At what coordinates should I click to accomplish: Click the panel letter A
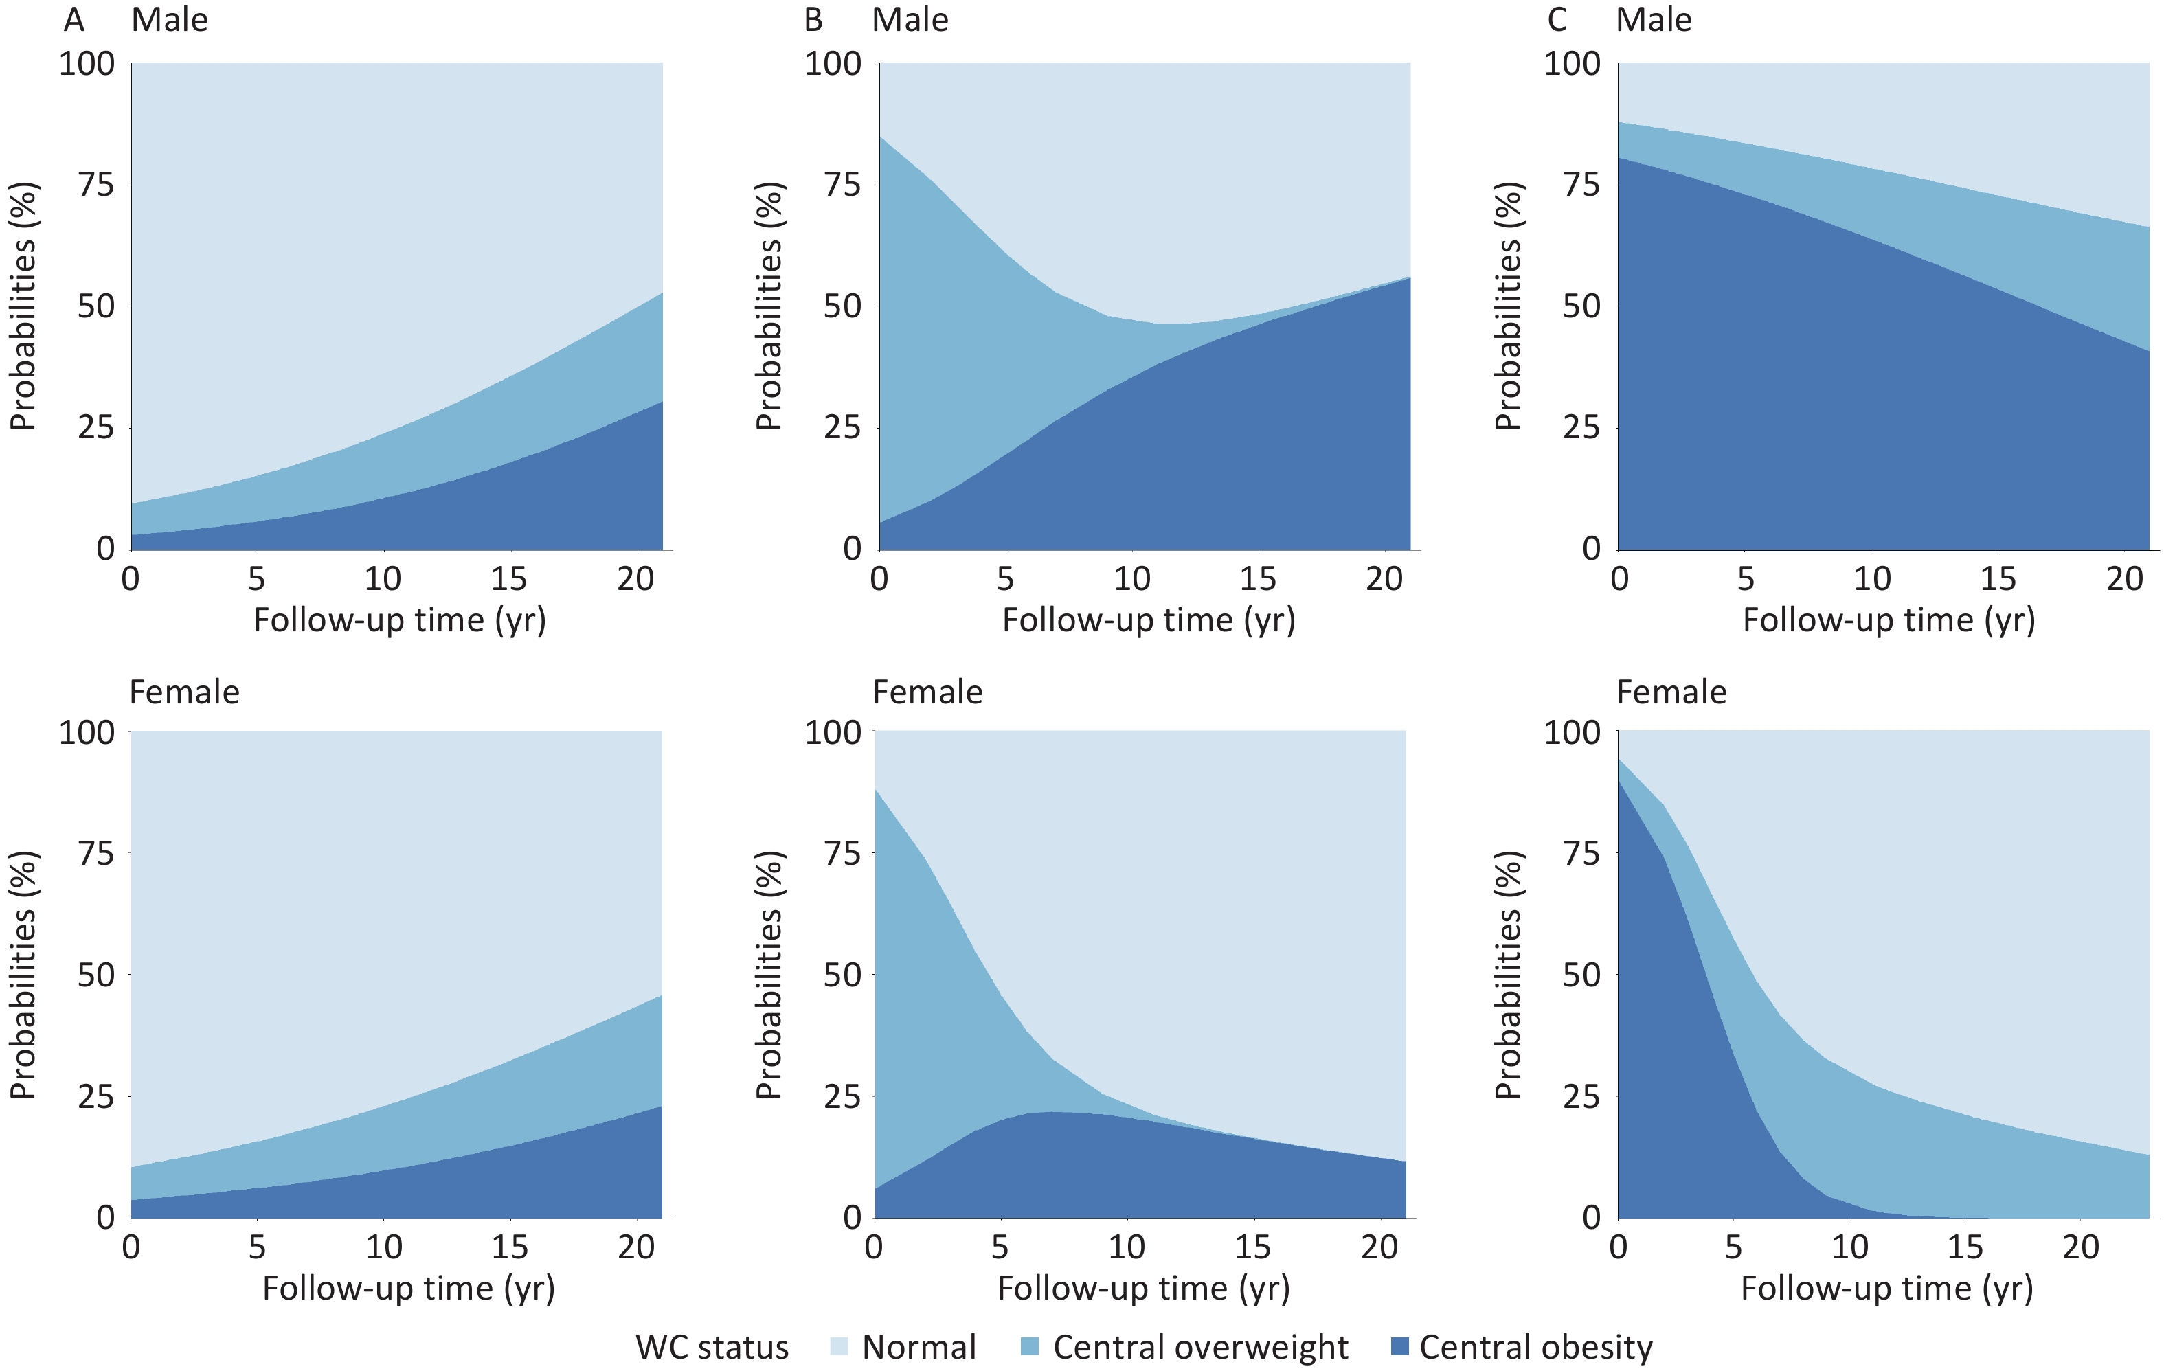[74, 20]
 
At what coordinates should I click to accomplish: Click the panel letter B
[813, 20]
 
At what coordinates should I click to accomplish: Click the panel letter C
[1557, 20]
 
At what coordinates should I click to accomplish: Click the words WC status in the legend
[712, 1347]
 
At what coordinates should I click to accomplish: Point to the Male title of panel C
[1654, 20]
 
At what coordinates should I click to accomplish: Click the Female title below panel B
[927, 692]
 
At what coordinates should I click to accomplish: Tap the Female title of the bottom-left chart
[184, 692]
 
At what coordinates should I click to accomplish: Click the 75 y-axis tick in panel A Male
[96, 185]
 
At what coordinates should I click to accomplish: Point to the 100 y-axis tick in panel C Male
[1572, 64]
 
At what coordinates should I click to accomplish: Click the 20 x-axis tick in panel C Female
[2080, 1247]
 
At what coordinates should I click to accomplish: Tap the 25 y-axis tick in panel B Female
[842, 1097]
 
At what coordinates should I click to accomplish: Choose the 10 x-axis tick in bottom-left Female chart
[384, 1247]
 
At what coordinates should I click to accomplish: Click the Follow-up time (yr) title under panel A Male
[400, 620]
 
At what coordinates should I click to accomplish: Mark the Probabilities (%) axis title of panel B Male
[769, 306]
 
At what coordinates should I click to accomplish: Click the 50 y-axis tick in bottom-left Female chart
[96, 975]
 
